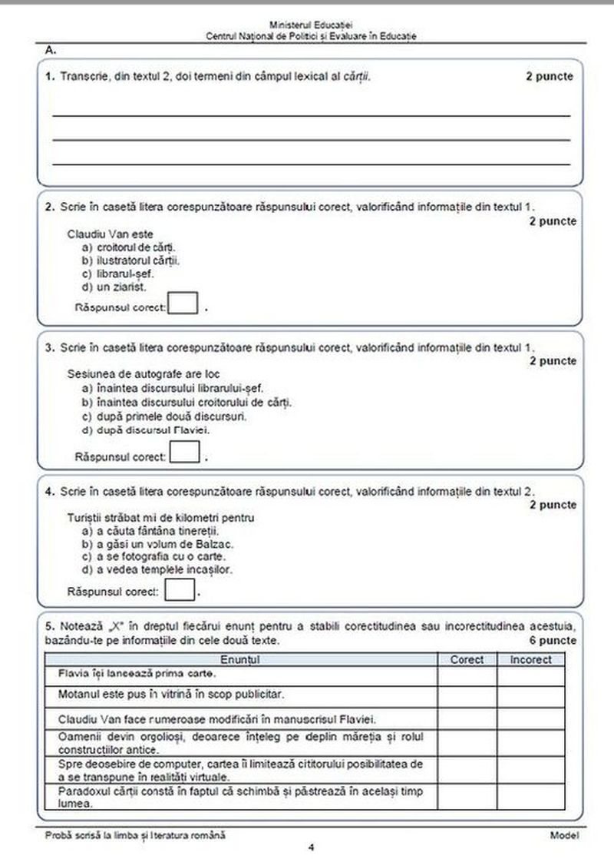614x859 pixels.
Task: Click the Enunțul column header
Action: tap(241, 659)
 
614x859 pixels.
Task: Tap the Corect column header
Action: tap(467, 659)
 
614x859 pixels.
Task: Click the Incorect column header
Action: tap(530, 659)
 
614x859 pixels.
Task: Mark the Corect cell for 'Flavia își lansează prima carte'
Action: tap(467, 675)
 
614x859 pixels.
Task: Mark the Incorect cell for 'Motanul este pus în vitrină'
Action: tap(530, 696)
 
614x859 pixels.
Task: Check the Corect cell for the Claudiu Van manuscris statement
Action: tap(467, 719)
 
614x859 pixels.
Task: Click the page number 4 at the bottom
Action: tap(311, 847)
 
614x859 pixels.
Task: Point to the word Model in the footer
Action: tap(563, 834)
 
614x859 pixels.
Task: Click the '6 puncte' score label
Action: tap(552, 639)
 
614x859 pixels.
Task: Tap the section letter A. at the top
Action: tap(51, 50)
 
